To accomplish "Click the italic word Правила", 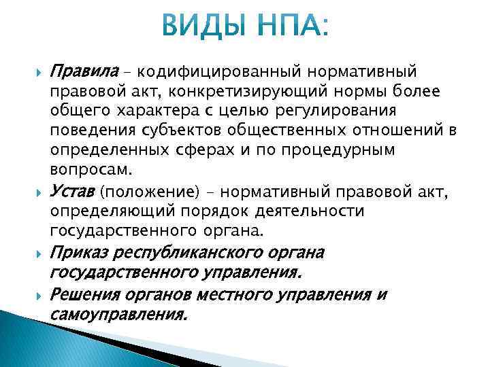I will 81,71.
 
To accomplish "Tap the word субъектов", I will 193,130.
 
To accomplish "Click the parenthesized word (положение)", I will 144,194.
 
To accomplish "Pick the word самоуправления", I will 118,315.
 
